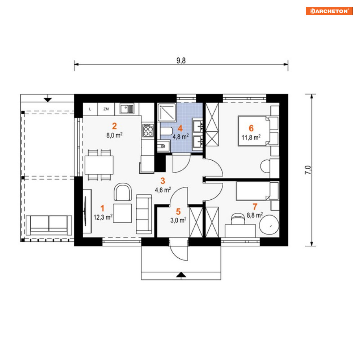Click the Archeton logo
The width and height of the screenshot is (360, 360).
click(329, 11)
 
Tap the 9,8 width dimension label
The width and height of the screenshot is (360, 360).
click(181, 60)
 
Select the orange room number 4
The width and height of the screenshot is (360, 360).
click(180, 128)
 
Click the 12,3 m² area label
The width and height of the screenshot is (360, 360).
click(103, 217)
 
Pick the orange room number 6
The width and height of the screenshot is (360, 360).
click(251, 128)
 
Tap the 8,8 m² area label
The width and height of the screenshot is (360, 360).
click(255, 215)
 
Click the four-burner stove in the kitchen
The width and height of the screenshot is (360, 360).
click(148, 130)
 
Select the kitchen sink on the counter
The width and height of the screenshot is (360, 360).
click(127, 109)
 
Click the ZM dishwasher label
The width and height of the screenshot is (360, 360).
click(106, 109)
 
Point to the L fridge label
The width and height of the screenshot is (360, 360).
click(90, 109)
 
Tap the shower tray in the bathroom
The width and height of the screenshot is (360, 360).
click(167, 112)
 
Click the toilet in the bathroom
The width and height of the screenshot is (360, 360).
click(166, 132)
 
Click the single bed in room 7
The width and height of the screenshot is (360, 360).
click(257, 191)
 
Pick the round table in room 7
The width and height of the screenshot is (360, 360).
click(269, 225)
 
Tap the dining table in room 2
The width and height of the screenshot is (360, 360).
click(99, 165)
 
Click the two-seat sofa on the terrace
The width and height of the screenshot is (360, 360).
click(49, 225)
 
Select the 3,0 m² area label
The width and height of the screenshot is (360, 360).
click(178, 220)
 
